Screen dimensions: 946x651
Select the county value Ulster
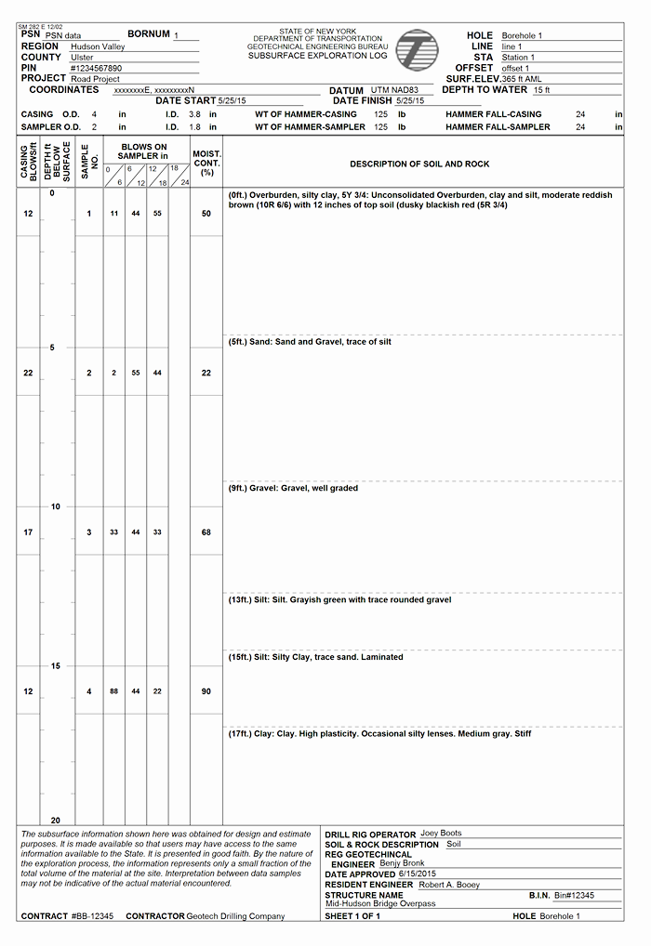click(x=82, y=58)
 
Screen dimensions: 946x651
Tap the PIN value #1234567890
click(x=96, y=69)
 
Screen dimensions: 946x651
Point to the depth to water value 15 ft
click(x=541, y=90)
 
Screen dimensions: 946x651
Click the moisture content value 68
click(x=206, y=532)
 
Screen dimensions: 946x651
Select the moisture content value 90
click(x=206, y=691)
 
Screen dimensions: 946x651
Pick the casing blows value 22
click(x=28, y=373)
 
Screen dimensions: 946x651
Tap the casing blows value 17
click(x=28, y=532)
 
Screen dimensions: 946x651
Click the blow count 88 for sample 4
click(x=113, y=691)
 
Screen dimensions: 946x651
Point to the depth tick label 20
click(x=55, y=821)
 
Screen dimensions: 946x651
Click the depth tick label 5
click(x=52, y=348)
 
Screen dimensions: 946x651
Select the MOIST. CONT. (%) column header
click(x=206, y=163)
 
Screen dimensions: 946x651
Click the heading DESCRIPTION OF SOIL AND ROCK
click(x=419, y=164)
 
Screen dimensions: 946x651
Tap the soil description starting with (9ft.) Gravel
click(x=293, y=488)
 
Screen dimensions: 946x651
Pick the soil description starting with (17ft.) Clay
click(x=379, y=734)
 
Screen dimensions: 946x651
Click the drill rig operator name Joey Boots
click(x=441, y=834)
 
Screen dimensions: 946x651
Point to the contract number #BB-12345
click(x=92, y=916)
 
